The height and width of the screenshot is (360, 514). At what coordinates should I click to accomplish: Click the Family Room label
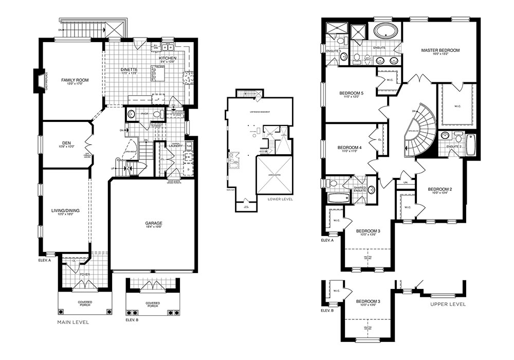pos(72,80)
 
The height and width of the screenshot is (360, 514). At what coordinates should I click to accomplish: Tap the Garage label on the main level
pos(154,223)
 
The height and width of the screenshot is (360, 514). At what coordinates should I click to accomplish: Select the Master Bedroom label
pos(440,50)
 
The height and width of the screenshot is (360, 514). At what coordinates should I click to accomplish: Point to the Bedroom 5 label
pos(352,93)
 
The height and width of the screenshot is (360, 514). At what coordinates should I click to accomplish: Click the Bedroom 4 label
pos(350,148)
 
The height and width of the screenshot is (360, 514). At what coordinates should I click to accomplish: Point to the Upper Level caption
pos(448,304)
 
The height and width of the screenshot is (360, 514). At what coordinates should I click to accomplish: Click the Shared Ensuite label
pos(359,189)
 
